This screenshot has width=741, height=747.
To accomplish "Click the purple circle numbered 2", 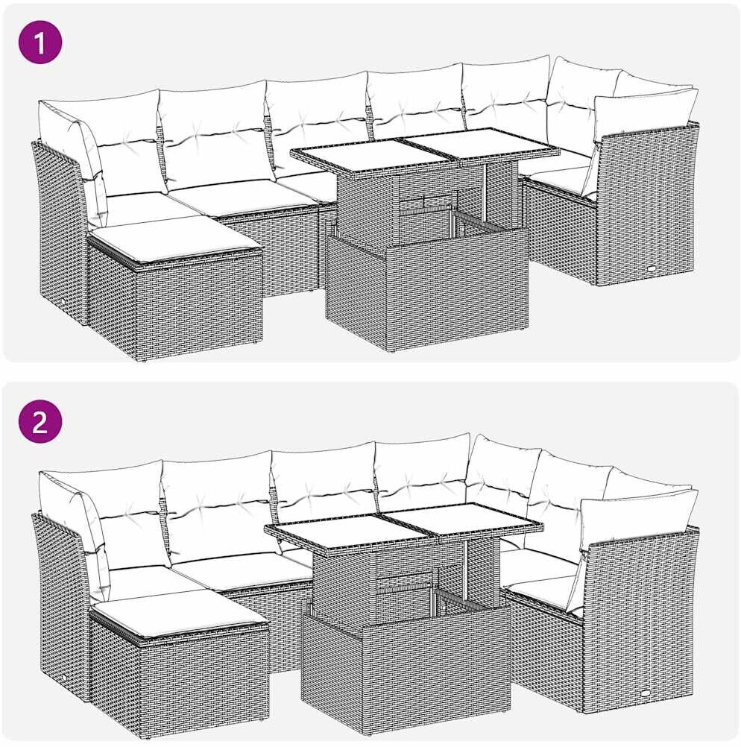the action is [x=40, y=422].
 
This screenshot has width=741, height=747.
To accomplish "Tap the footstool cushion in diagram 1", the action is [x=176, y=241].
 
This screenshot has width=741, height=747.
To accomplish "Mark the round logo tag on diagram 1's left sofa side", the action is [x=66, y=303].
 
